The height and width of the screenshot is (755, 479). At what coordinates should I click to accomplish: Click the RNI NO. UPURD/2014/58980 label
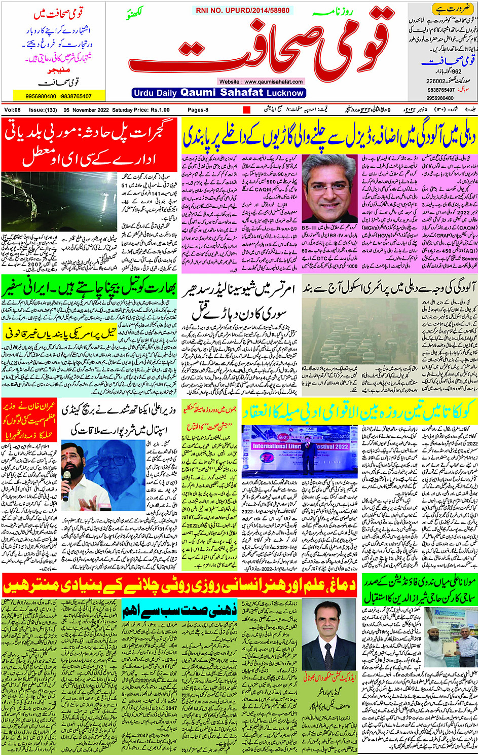tap(242, 10)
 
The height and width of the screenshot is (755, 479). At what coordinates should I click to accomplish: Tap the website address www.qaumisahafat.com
tap(262, 82)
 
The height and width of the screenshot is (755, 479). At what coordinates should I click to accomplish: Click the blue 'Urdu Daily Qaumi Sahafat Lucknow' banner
tap(218, 93)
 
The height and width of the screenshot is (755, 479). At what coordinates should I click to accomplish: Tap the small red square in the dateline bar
tap(247, 110)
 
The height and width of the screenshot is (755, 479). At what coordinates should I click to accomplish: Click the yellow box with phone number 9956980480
tap(59, 96)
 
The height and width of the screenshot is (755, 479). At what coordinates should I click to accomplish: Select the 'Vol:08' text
tap(13, 110)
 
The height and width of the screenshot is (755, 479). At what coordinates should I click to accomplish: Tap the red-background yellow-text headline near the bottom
tap(180, 585)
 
